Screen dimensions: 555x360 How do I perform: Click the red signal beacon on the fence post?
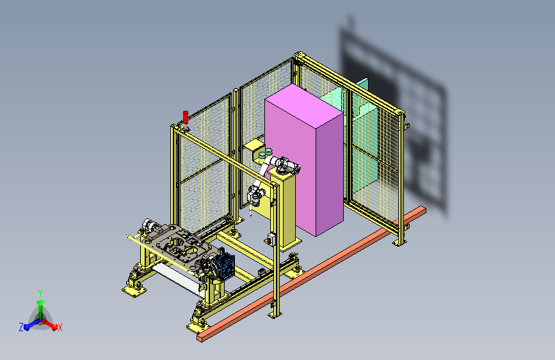tap(185, 117)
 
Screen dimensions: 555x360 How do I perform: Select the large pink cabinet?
tap(304, 160)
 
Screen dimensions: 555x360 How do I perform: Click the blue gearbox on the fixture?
tap(223, 266)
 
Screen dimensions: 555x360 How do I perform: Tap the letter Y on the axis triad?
tap(40, 293)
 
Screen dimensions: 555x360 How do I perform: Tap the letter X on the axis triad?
tap(60, 327)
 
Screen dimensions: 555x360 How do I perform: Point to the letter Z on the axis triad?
tap(21, 327)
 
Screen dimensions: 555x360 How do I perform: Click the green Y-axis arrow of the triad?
tap(41, 309)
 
